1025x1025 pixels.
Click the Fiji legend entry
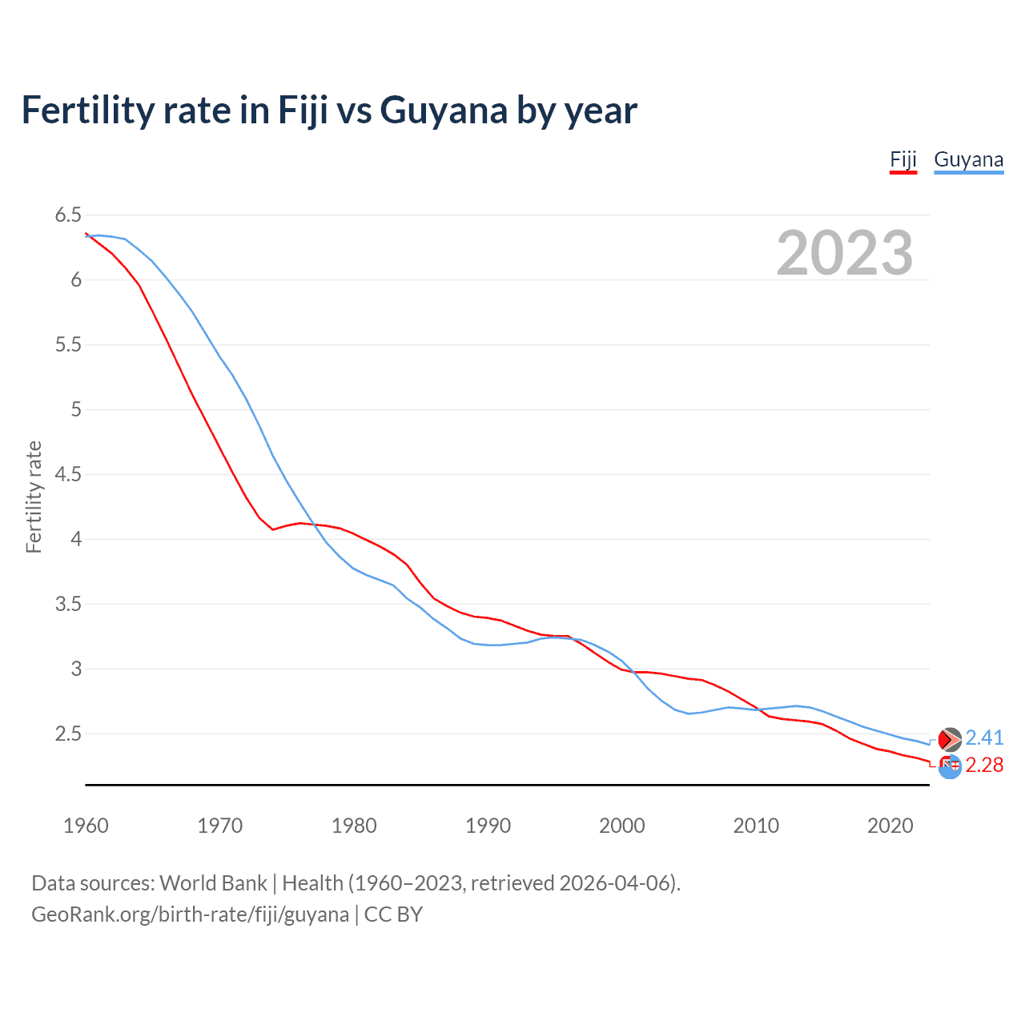pos(902,159)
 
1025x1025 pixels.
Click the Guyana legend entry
pos(968,159)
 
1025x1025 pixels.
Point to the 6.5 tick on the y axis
pos(68,215)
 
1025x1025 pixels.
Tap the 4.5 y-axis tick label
pos(68,474)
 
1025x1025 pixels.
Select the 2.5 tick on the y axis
pos(68,734)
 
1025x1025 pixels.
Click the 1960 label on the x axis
pos(86,826)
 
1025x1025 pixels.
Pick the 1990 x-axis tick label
pos(488,826)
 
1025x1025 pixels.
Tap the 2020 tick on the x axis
pos(890,826)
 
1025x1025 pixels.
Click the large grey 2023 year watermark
pos(844,253)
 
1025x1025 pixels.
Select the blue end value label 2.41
pos(984,738)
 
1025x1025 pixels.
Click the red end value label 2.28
pos(984,766)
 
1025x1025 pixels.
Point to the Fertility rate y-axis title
pos(34,496)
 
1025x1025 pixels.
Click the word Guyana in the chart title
pos(444,110)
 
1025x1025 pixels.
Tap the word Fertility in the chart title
pos(87,110)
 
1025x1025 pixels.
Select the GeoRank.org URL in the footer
pos(190,914)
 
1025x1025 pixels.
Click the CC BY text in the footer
pos(393,914)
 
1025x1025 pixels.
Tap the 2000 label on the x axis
pos(621,826)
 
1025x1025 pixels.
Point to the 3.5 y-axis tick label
pos(68,604)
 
